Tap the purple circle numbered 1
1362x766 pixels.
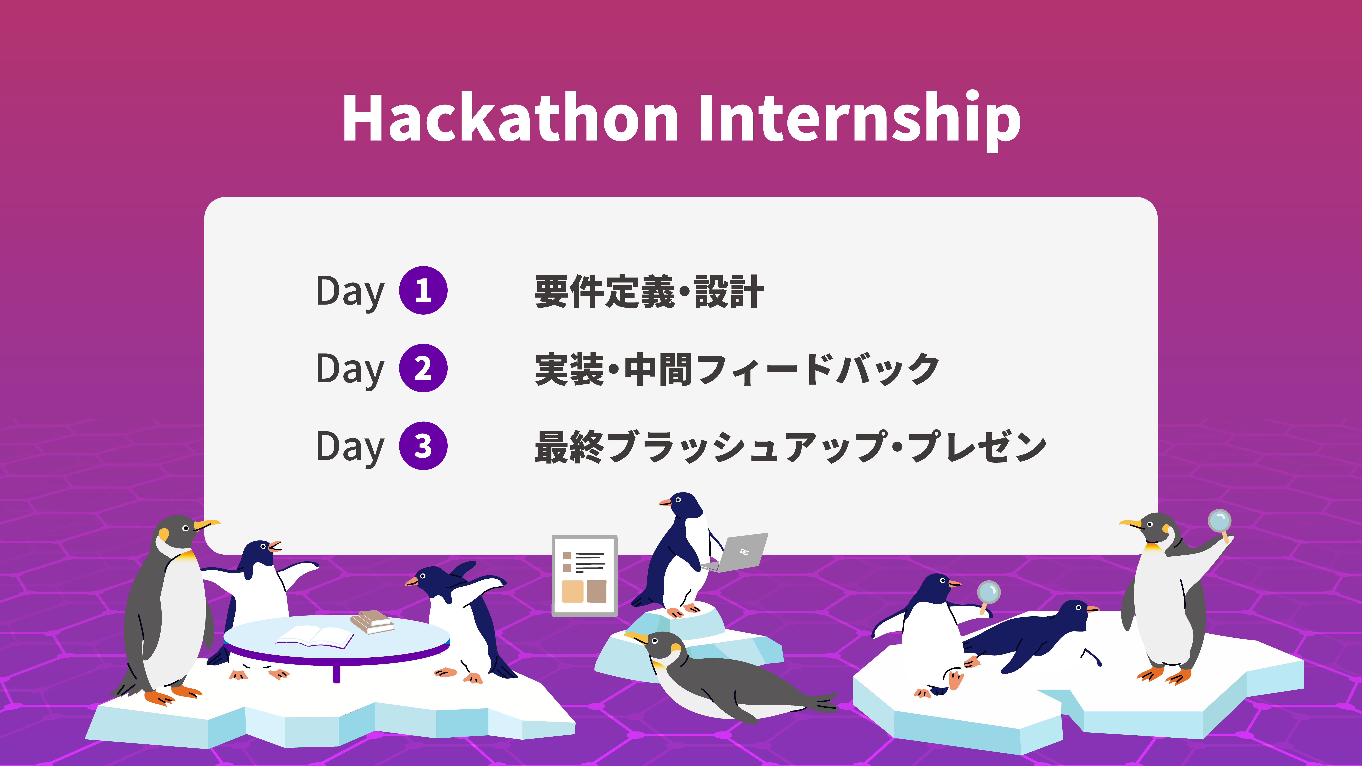pyautogui.click(x=423, y=290)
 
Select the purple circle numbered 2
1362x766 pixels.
pyautogui.click(x=423, y=368)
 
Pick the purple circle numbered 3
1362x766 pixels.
pyautogui.click(x=423, y=446)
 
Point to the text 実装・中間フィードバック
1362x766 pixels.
pyautogui.click(x=737, y=369)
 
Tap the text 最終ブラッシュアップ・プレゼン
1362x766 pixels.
pyautogui.click(x=791, y=447)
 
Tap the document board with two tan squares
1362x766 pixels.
pyautogui.click(x=585, y=576)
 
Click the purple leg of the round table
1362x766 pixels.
pyautogui.click(x=336, y=672)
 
